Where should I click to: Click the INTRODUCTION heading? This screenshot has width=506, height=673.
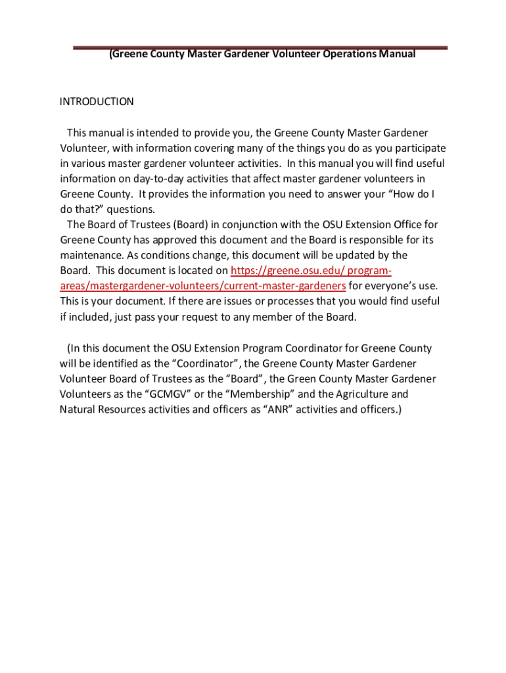click(x=97, y=102)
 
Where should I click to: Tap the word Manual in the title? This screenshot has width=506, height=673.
click(x=397, y=55)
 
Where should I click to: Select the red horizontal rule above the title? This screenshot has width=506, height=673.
click(x=260, y=47)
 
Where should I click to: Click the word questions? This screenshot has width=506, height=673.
click(x=131, y=210)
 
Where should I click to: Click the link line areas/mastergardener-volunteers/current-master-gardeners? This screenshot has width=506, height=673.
click(x=203, y=286)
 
